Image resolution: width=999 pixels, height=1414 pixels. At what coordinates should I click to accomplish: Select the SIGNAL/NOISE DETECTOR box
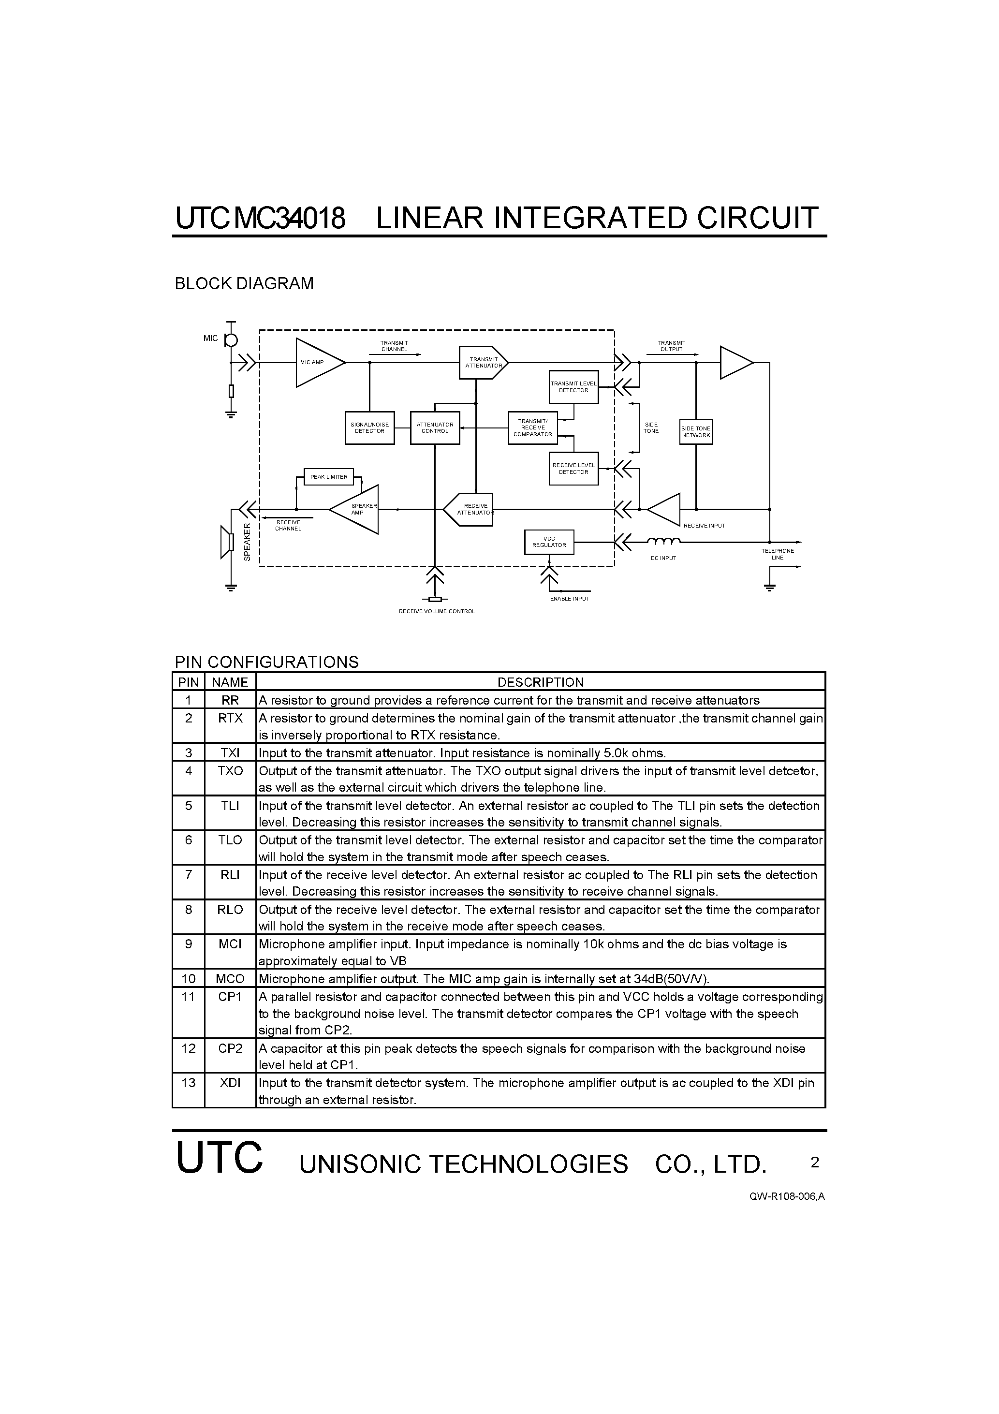[369, 428]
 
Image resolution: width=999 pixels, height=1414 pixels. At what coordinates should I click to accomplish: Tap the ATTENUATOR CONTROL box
[435, 428]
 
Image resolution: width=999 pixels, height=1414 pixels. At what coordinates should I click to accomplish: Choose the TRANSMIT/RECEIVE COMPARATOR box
[533, 428]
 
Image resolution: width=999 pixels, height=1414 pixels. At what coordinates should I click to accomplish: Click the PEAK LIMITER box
[329, 477]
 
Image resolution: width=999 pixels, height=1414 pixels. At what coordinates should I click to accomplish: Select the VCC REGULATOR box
[549, 542]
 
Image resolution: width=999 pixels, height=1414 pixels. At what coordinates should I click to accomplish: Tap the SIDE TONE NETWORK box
[696, 432]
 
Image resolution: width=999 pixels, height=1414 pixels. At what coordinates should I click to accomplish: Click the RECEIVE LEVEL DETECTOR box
[573, 469]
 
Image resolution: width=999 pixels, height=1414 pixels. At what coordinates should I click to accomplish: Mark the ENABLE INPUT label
[570, 599]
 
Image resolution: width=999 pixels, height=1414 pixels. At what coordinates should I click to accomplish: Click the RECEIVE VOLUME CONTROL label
[437, 612]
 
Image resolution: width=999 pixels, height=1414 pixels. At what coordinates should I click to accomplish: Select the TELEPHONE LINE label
[777, 554]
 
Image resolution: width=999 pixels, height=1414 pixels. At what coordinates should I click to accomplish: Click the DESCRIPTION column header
[540, 682]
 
